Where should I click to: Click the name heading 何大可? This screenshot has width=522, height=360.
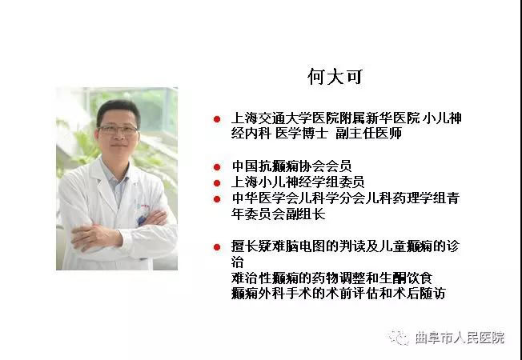point(335,77)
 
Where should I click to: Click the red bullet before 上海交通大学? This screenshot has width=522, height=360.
point(217,119)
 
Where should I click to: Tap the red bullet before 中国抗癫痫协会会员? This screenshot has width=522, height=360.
point(217,167)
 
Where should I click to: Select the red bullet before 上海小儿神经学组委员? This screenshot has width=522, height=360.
point(217,183)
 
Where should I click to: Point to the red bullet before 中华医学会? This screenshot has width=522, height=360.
point(217,199)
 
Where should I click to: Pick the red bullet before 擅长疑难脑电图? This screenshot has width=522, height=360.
point(217,247)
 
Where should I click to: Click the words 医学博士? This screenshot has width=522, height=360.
point(303,134)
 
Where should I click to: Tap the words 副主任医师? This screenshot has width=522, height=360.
point(368,134)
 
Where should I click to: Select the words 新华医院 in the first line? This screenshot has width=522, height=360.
point(393,118)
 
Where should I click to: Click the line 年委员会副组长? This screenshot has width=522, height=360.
point(279,214)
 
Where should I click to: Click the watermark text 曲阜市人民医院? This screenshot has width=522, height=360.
point(460,338)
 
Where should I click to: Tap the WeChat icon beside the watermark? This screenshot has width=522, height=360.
point(400,338)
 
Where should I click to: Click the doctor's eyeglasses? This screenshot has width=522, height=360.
point(118,130)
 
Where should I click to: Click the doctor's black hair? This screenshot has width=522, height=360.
point(118,110)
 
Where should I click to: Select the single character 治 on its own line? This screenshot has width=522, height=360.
point(237,262)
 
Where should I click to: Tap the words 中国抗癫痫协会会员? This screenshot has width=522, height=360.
point(291,166)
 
